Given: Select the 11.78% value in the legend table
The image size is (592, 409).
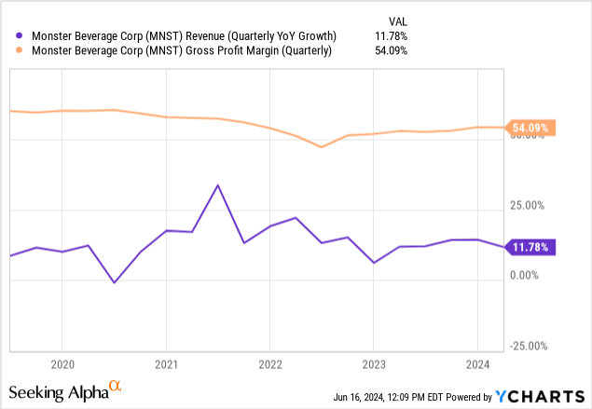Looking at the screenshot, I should click(390, 36).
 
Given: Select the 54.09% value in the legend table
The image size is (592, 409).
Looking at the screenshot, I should click(390, 51).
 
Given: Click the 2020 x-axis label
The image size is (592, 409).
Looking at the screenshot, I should click(62, 365).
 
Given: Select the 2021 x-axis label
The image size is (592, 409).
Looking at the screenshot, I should click(166, 365).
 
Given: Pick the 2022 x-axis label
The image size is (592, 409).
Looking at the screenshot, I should click(269, 365).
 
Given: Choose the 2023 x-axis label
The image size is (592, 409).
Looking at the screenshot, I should click(374, 365).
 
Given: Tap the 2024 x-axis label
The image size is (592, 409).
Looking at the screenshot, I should click(477, 365).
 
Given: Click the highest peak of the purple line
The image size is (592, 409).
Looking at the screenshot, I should click(217, 185).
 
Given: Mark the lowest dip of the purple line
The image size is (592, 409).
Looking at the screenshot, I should click(114, 282).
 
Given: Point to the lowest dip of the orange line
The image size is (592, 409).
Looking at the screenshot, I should click(322, 147).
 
